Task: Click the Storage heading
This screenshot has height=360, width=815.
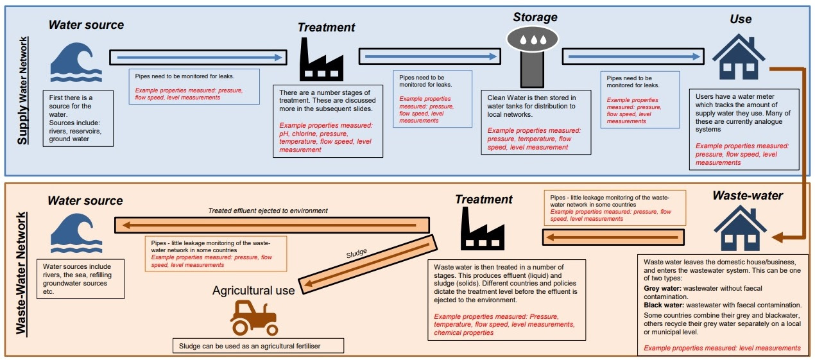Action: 535,17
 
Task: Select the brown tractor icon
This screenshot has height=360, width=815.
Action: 254,318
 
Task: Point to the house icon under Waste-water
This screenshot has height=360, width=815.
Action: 740,228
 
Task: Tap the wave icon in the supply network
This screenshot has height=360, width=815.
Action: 76,62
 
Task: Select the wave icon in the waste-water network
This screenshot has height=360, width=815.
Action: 76,233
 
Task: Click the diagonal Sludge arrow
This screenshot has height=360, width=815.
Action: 368,264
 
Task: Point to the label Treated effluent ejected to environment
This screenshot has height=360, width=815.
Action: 268,210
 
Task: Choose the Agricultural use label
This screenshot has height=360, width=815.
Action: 253,291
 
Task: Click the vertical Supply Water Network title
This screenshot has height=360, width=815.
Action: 22,90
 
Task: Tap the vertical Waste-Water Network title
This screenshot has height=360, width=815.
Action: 21,273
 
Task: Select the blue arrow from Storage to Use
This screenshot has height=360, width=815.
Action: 633,56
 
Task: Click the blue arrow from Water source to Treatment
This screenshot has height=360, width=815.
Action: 198,58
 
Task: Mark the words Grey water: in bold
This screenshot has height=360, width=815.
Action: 662,289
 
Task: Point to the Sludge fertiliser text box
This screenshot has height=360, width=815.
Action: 259,346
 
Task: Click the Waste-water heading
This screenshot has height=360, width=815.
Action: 748,196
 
